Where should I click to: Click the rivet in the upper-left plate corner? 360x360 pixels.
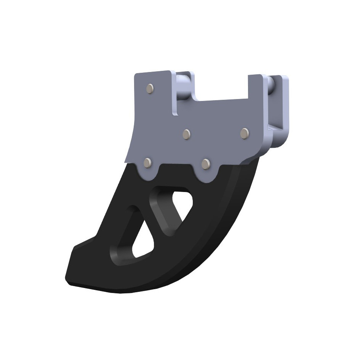coord(150,88)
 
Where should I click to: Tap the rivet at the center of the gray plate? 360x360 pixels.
coord(186,134)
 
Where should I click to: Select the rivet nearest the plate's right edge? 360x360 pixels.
coord(244,133)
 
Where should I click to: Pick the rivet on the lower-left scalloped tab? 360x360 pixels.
coord(147,163)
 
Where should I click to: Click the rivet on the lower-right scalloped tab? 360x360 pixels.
coord(206,164)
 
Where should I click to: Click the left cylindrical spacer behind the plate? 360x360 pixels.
coord(183,88)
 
